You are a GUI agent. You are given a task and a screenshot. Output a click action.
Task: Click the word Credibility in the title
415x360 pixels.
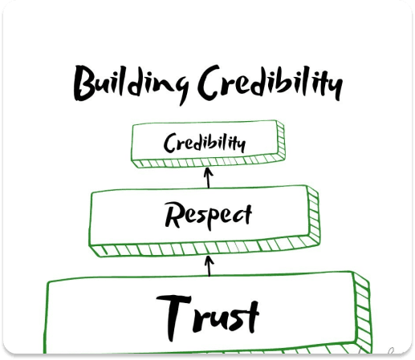click(x=271, y=83)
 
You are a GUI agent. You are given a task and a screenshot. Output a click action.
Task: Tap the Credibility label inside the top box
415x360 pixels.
click(x=205, y=143)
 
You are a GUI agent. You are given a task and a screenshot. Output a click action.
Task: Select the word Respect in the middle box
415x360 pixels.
click(x=208, y=216)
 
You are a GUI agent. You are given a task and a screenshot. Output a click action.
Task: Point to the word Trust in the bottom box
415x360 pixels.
click(x=208, y=317)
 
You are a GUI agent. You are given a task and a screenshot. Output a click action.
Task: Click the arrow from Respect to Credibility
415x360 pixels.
click(x=209, y=177)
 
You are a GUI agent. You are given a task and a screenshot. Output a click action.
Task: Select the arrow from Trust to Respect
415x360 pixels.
click(x=209, y=266)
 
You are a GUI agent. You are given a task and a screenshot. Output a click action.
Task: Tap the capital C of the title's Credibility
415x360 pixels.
click(x=210, y=82)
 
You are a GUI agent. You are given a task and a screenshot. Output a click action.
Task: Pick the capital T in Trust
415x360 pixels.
click(x=174, y=318)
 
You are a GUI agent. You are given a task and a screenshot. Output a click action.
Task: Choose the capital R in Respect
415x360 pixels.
click(x=174, y=214)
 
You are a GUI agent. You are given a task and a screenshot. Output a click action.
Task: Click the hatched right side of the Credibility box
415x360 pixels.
click(x=280, y=140)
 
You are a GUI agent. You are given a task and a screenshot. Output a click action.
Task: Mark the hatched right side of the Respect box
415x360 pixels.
click(x=313, y=216)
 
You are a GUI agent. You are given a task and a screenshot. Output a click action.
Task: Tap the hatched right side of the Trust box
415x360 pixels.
click(x=362, y=313)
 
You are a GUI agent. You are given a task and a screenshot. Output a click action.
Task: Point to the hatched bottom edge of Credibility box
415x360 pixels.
click(x=208, y=162)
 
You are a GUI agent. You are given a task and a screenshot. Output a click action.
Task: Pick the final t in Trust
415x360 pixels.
click(x=250, y=317)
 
